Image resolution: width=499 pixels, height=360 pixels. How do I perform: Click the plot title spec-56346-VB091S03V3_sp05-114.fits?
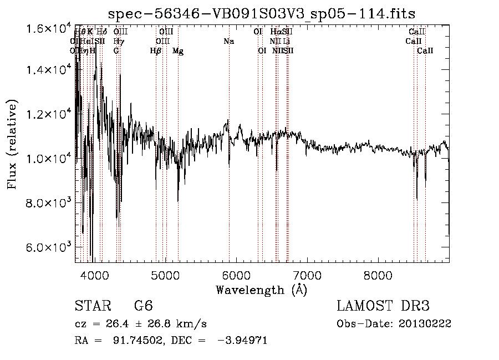[x=262, y=13]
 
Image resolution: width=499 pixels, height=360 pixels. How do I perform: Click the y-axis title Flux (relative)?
[x=12, y=144]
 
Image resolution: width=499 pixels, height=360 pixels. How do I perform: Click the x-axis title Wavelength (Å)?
[x=262, y=290]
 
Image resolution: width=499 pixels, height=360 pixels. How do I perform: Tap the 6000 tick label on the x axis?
[x=236, y=276]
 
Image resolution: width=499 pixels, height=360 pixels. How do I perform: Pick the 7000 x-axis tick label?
[x=307, y=276]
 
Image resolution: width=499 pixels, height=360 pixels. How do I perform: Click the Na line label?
[x=228, y=42]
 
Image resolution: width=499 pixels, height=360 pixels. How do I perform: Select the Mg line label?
[x=178, y=51]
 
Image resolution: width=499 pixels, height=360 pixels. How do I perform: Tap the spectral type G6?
[x=144, y=306]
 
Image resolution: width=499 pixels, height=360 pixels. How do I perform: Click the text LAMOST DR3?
[x=383, y=306]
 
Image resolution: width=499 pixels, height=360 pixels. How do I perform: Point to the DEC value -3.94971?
[x=244, y=341]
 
